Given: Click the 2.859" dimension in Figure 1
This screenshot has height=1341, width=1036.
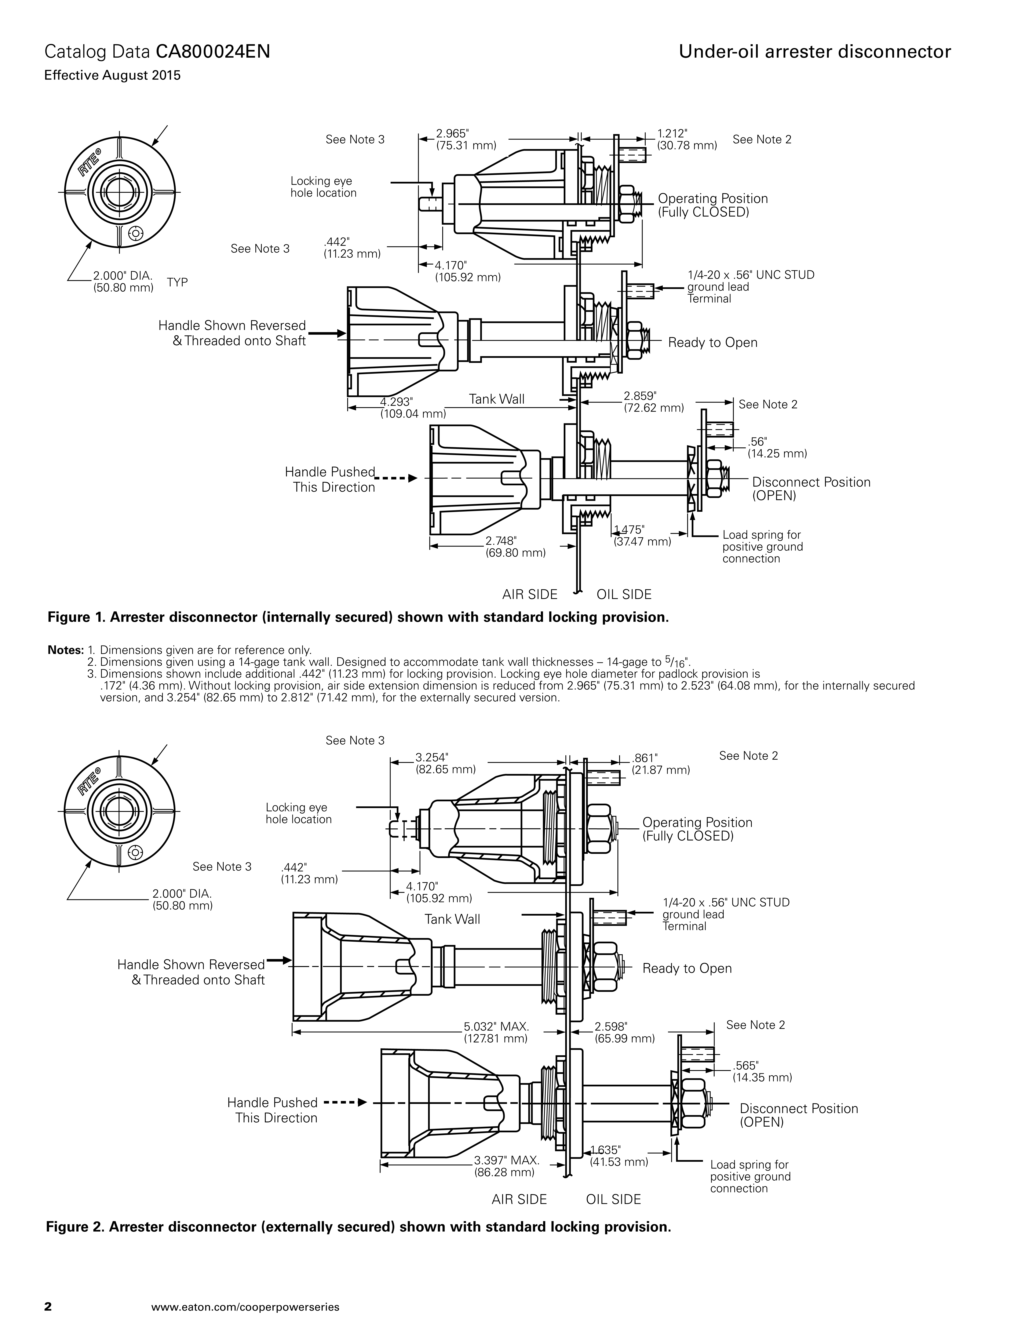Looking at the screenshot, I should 640,396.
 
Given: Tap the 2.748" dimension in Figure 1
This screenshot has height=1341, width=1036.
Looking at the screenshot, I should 501,540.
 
